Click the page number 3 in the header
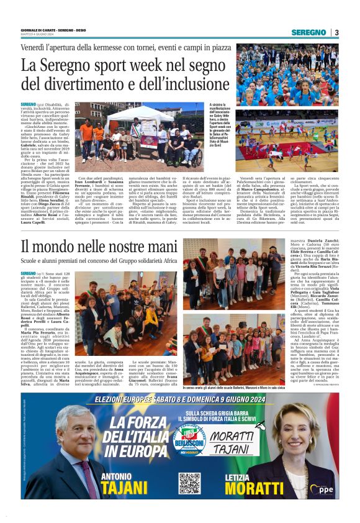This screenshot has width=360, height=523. click(336, 32)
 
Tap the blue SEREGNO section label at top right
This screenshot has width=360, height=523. click(308, 32)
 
